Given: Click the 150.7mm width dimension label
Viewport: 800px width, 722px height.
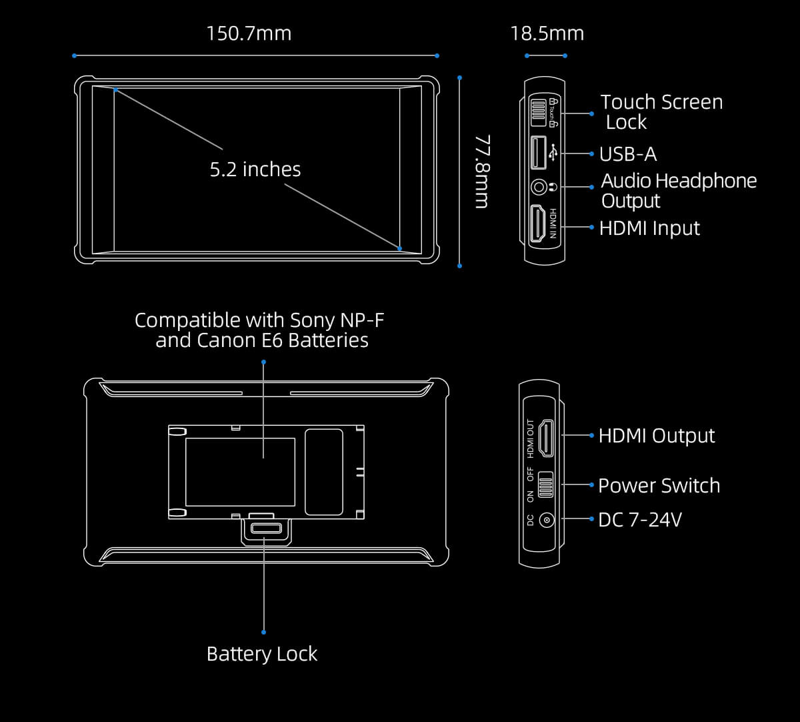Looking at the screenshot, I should (249, 33).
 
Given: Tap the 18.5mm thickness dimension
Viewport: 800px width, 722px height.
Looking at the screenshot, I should (547, 33).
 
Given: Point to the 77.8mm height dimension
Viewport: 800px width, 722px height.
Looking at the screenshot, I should (482, 171).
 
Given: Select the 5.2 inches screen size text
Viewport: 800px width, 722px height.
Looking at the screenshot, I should (255, 169).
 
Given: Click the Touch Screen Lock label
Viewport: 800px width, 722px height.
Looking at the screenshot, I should (661, 111).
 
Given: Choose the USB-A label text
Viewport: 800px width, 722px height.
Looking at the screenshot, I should (627, 154).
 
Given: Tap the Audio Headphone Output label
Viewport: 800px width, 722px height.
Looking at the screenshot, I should (678, 191).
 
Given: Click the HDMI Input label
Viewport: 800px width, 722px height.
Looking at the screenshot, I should (649, 228).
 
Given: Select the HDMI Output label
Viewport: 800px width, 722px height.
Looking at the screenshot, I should (656, 436).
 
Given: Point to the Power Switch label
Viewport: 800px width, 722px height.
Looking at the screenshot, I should (659, 486).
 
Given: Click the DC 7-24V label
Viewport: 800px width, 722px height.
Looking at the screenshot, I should (639, 520).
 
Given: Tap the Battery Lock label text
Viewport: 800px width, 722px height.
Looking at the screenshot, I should (262, 654).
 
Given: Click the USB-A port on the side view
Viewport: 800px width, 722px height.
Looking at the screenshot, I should (537, 152).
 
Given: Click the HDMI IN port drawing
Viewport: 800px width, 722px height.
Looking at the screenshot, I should (537, 224).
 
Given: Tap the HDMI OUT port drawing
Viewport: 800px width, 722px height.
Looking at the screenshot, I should (546, 438).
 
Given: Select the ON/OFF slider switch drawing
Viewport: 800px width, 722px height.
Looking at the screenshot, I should (546, 485).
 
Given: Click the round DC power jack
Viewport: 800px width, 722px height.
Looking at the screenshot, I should (547, 520).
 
